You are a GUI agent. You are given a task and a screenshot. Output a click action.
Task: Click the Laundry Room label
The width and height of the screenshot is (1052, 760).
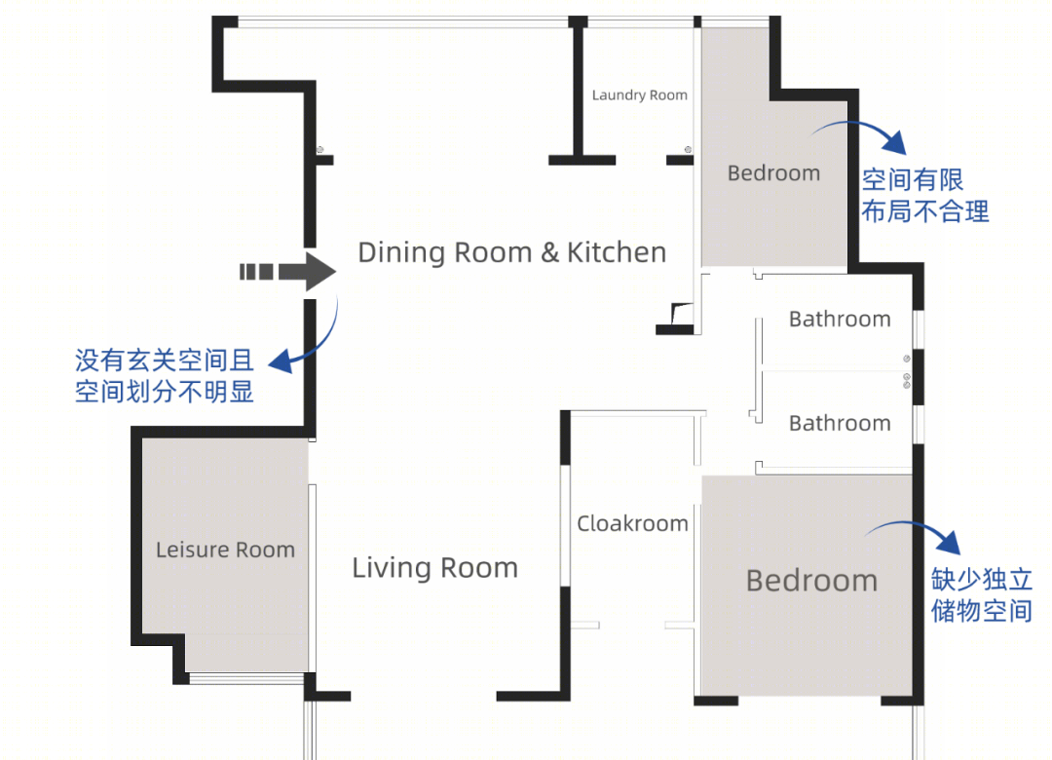pos(639,95)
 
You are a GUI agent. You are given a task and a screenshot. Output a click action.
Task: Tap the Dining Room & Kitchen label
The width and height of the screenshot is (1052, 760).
pos(512,252)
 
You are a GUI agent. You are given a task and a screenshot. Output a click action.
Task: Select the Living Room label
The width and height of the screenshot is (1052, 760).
pos(434,568)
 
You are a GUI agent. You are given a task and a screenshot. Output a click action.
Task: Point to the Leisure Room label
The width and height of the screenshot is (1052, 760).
pos(225,550)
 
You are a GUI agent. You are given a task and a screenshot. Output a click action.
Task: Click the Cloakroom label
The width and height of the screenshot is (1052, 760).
pos(633,523)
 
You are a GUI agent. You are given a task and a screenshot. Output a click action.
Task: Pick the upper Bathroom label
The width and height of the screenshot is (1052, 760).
pos(840,319)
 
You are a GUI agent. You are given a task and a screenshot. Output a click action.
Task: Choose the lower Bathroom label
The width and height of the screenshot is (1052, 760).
pos(840,423)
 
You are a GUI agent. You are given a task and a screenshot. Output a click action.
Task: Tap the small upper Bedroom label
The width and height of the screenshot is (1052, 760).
pos(773,173)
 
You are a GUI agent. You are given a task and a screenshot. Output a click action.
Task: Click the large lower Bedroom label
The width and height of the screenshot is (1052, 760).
pos(811,581)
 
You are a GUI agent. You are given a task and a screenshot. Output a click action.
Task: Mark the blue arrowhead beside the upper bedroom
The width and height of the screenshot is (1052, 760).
pos(895,141)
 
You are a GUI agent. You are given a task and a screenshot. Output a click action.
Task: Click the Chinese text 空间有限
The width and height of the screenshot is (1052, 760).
pos(913,180)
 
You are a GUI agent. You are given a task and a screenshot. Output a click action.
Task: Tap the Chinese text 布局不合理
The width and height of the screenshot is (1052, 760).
pos(925,211)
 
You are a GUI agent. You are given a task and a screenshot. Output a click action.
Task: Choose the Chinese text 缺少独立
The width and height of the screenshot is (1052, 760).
pos(982,579)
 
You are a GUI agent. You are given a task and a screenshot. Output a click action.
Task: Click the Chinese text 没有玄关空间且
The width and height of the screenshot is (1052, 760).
pos(165,361)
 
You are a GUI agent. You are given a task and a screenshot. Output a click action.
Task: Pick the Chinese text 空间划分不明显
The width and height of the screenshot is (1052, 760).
pos(165,392)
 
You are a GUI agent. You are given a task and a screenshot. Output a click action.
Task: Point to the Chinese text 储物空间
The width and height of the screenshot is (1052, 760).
pos(982,610)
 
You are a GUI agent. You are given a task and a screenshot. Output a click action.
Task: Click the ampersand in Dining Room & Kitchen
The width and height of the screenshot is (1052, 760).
pos(549,253)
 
